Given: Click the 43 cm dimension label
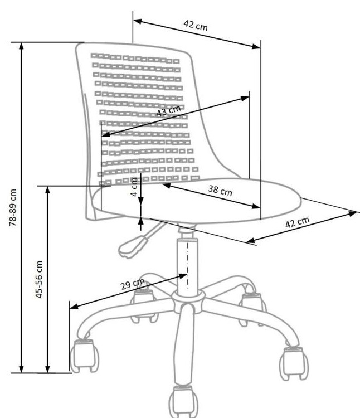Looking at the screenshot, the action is [x=169, y=110].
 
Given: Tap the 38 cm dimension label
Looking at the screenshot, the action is [x=220, y=191].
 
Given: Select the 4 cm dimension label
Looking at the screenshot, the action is [x=134, y=187].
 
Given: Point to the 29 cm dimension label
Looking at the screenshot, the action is [x=133, y=284].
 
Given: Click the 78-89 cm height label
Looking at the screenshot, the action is [x=12, y=208].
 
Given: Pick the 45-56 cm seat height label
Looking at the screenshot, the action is [x=39, y=279].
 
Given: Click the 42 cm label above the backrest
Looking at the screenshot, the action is [x=195, y=26].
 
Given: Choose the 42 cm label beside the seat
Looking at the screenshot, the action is [x=297, y=222].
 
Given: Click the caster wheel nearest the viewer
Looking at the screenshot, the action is [x=183, y=402].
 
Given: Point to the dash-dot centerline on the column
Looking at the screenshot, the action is [x=188, y=265].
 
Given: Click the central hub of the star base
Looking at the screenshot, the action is [x=188, y=301].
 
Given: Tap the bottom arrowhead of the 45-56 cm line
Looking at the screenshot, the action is [x=48, y=368].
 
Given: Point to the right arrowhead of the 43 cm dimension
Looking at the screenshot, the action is [x=245, y=98].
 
